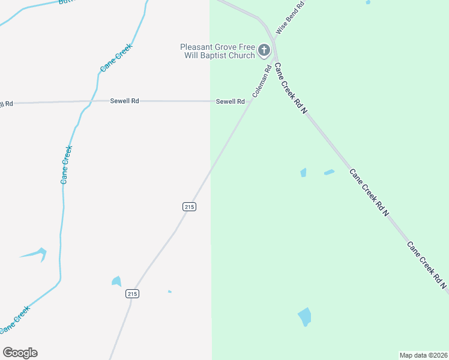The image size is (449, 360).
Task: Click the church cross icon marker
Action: (264, 51)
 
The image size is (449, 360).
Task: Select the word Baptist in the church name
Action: (211, 56)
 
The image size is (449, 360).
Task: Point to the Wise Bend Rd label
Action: (291, 17)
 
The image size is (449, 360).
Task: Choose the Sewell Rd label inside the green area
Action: (231, 101)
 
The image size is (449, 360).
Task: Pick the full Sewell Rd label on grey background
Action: (124, 101)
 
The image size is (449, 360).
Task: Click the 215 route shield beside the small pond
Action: (133, 293)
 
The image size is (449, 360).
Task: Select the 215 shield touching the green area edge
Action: (189, 206)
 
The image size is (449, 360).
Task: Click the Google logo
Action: (20, 353)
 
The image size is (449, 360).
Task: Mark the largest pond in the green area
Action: (305, 316)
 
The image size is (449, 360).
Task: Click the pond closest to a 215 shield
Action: (116, 281)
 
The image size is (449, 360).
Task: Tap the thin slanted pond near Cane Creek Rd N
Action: (329, 172)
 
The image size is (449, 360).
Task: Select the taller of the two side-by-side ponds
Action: (303, 173)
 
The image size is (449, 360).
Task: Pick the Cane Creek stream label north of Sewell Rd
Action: (115, 58)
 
